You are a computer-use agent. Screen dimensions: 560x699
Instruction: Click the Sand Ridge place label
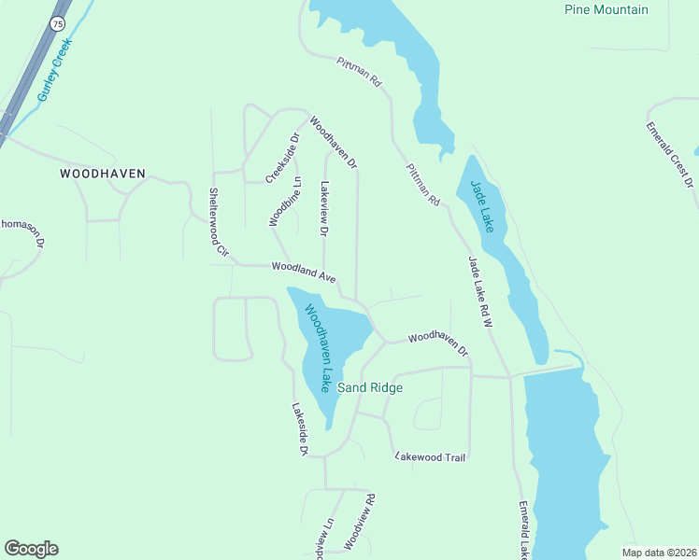pos(370,387)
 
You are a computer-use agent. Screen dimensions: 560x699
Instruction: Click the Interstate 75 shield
pos(58,23)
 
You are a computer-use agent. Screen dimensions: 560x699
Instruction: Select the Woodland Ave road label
pos(304,272)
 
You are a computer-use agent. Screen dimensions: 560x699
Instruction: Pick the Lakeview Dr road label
pos(325,208)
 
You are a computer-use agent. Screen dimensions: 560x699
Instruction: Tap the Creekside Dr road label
pos(282,158)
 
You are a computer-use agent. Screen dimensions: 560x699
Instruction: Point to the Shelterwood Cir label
pos(217,220)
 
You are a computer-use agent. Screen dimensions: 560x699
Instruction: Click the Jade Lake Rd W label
pos(479,289)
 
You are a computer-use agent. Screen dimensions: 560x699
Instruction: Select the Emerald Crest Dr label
pos(670,155)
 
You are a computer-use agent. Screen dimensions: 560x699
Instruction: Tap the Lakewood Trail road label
pos(430,456)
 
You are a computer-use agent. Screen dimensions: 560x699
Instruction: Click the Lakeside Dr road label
pos(299,429)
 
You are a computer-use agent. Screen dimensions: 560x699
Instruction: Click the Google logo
pos(31,549)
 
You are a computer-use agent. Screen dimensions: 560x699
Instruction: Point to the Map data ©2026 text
pos(660,553)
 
